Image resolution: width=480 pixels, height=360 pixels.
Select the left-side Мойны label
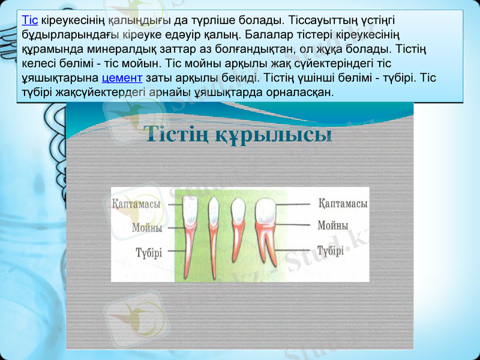pos(147,228)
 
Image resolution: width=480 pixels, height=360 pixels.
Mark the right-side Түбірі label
pos(331,250)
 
